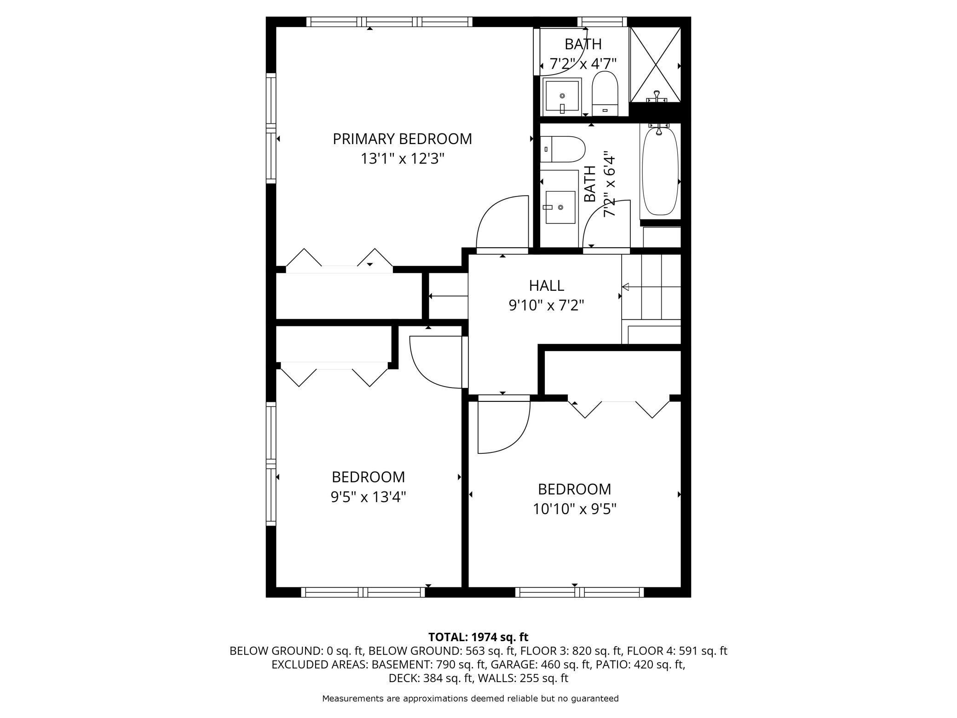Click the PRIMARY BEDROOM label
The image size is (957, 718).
coord(402,139)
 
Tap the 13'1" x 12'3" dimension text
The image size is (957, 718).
coord(402,159)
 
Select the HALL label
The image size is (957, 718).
coord(546,285)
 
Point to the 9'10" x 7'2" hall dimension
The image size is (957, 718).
coord(546,305)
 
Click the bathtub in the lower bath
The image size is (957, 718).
coord(660,171)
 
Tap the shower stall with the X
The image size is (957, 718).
coord(655,64)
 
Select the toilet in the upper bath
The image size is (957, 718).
coord(604,93)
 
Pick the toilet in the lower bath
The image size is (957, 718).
coord(562,149)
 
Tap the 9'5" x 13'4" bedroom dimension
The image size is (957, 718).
coord(368,497)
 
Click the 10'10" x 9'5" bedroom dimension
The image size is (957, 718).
coord(575,509)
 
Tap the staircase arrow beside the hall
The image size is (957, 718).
coord(651,287)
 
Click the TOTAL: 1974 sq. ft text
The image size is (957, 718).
coord(478,637)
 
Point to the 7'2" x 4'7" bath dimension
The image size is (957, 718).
coord(583,63)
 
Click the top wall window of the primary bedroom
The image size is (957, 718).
coord(389,22)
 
